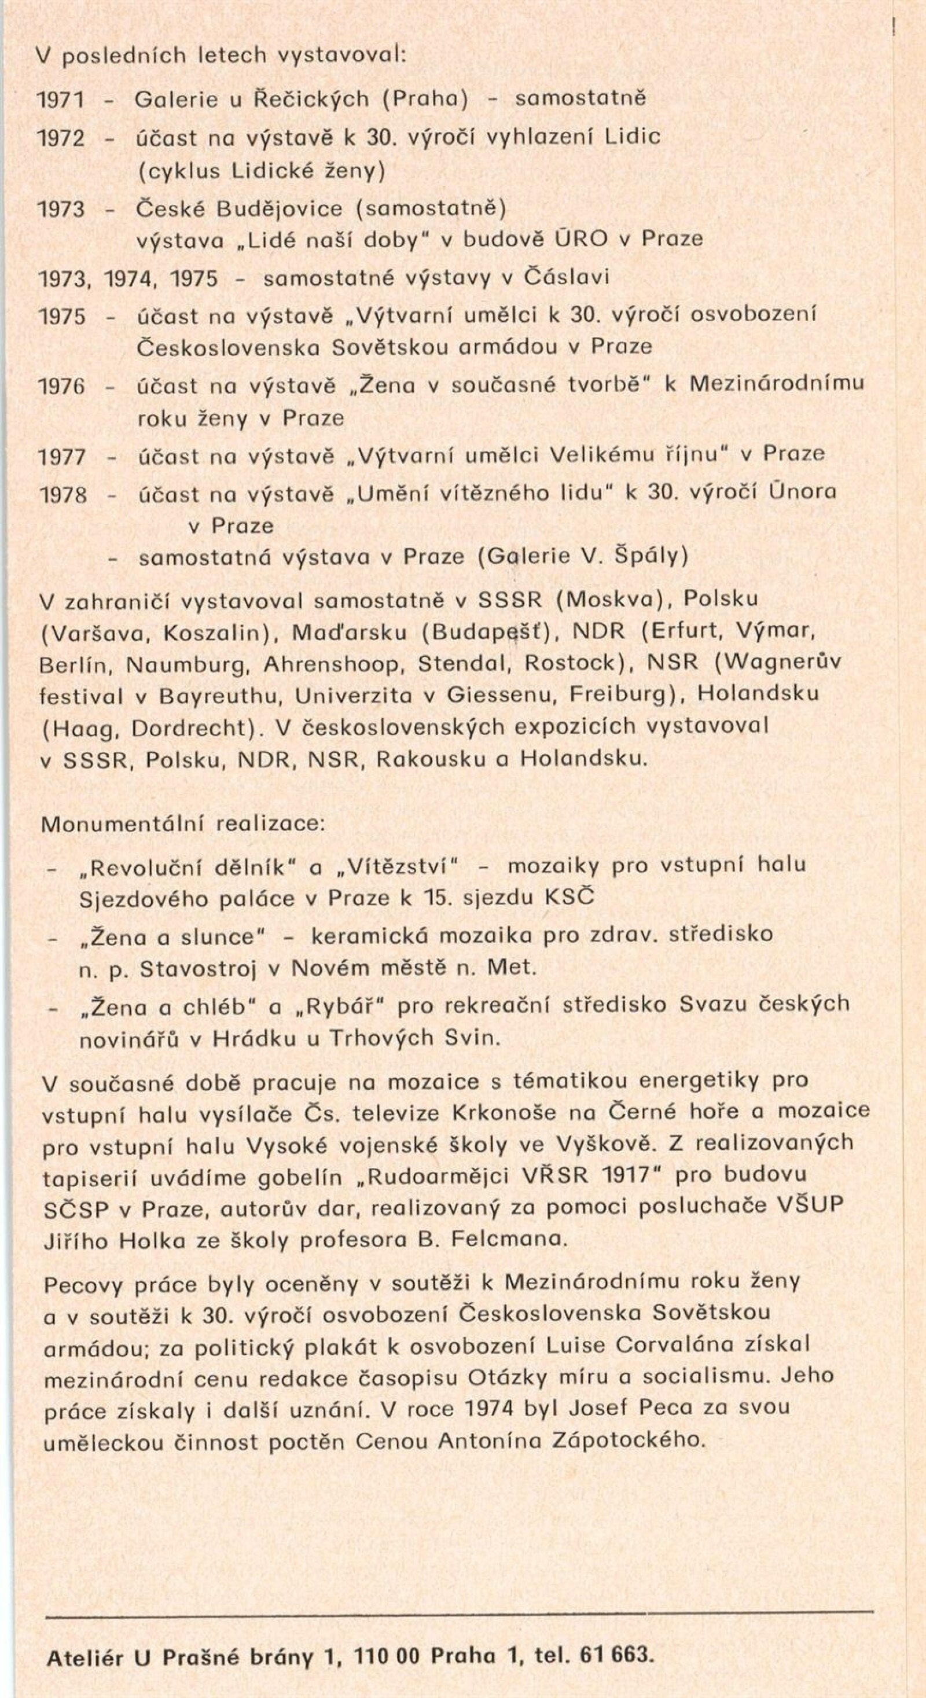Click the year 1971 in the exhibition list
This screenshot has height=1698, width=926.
61,100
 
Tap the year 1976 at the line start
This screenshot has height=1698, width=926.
62,385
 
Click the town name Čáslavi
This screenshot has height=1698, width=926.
566,277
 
